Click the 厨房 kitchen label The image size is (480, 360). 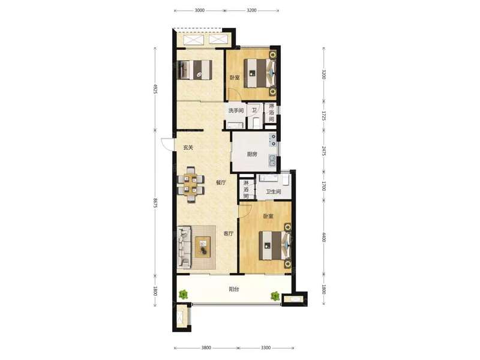252,155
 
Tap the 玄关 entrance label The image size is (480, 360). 188,148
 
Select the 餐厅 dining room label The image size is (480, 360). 221,183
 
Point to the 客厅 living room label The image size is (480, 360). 229,233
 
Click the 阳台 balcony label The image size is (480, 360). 233,289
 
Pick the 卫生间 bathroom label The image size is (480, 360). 274,192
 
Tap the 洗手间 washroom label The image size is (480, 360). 236,110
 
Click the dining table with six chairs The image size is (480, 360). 191,185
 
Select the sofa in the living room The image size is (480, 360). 184,247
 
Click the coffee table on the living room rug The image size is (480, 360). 203,247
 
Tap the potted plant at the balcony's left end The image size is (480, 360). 183,295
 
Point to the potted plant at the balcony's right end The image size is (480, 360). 275,296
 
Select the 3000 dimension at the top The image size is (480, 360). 199,10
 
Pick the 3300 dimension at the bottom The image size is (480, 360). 266,348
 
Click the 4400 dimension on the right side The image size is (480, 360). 324,237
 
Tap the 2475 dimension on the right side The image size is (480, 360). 324,151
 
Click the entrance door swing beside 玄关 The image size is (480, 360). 167,144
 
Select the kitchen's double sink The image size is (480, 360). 272,161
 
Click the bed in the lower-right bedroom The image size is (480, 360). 275,245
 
